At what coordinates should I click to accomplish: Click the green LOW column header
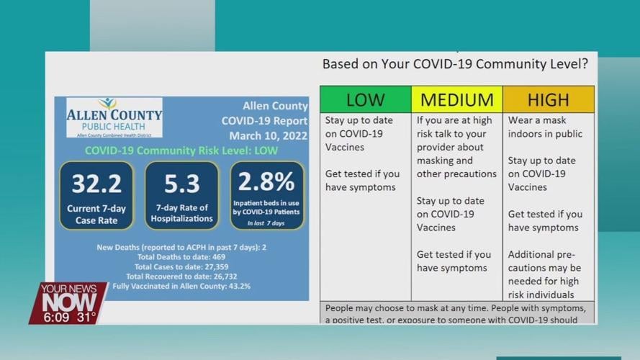pos(365,99)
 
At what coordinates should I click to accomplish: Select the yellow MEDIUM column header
pos(456,99)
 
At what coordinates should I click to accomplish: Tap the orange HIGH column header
pos(548,99)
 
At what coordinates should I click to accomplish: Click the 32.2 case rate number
pos(96,184)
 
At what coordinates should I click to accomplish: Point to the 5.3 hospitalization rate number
pos(181,184)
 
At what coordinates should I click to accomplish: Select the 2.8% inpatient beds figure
pos(266,181)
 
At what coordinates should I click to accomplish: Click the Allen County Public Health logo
pos(114,117)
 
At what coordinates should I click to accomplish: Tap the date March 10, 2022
pos(268,135)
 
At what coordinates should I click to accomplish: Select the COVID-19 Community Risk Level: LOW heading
pos(181,150)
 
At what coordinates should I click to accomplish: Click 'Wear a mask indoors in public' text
pos(545,127)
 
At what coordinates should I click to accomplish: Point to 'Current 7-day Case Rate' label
pos(96,214)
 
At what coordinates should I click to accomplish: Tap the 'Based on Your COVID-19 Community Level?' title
pos(455,64)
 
